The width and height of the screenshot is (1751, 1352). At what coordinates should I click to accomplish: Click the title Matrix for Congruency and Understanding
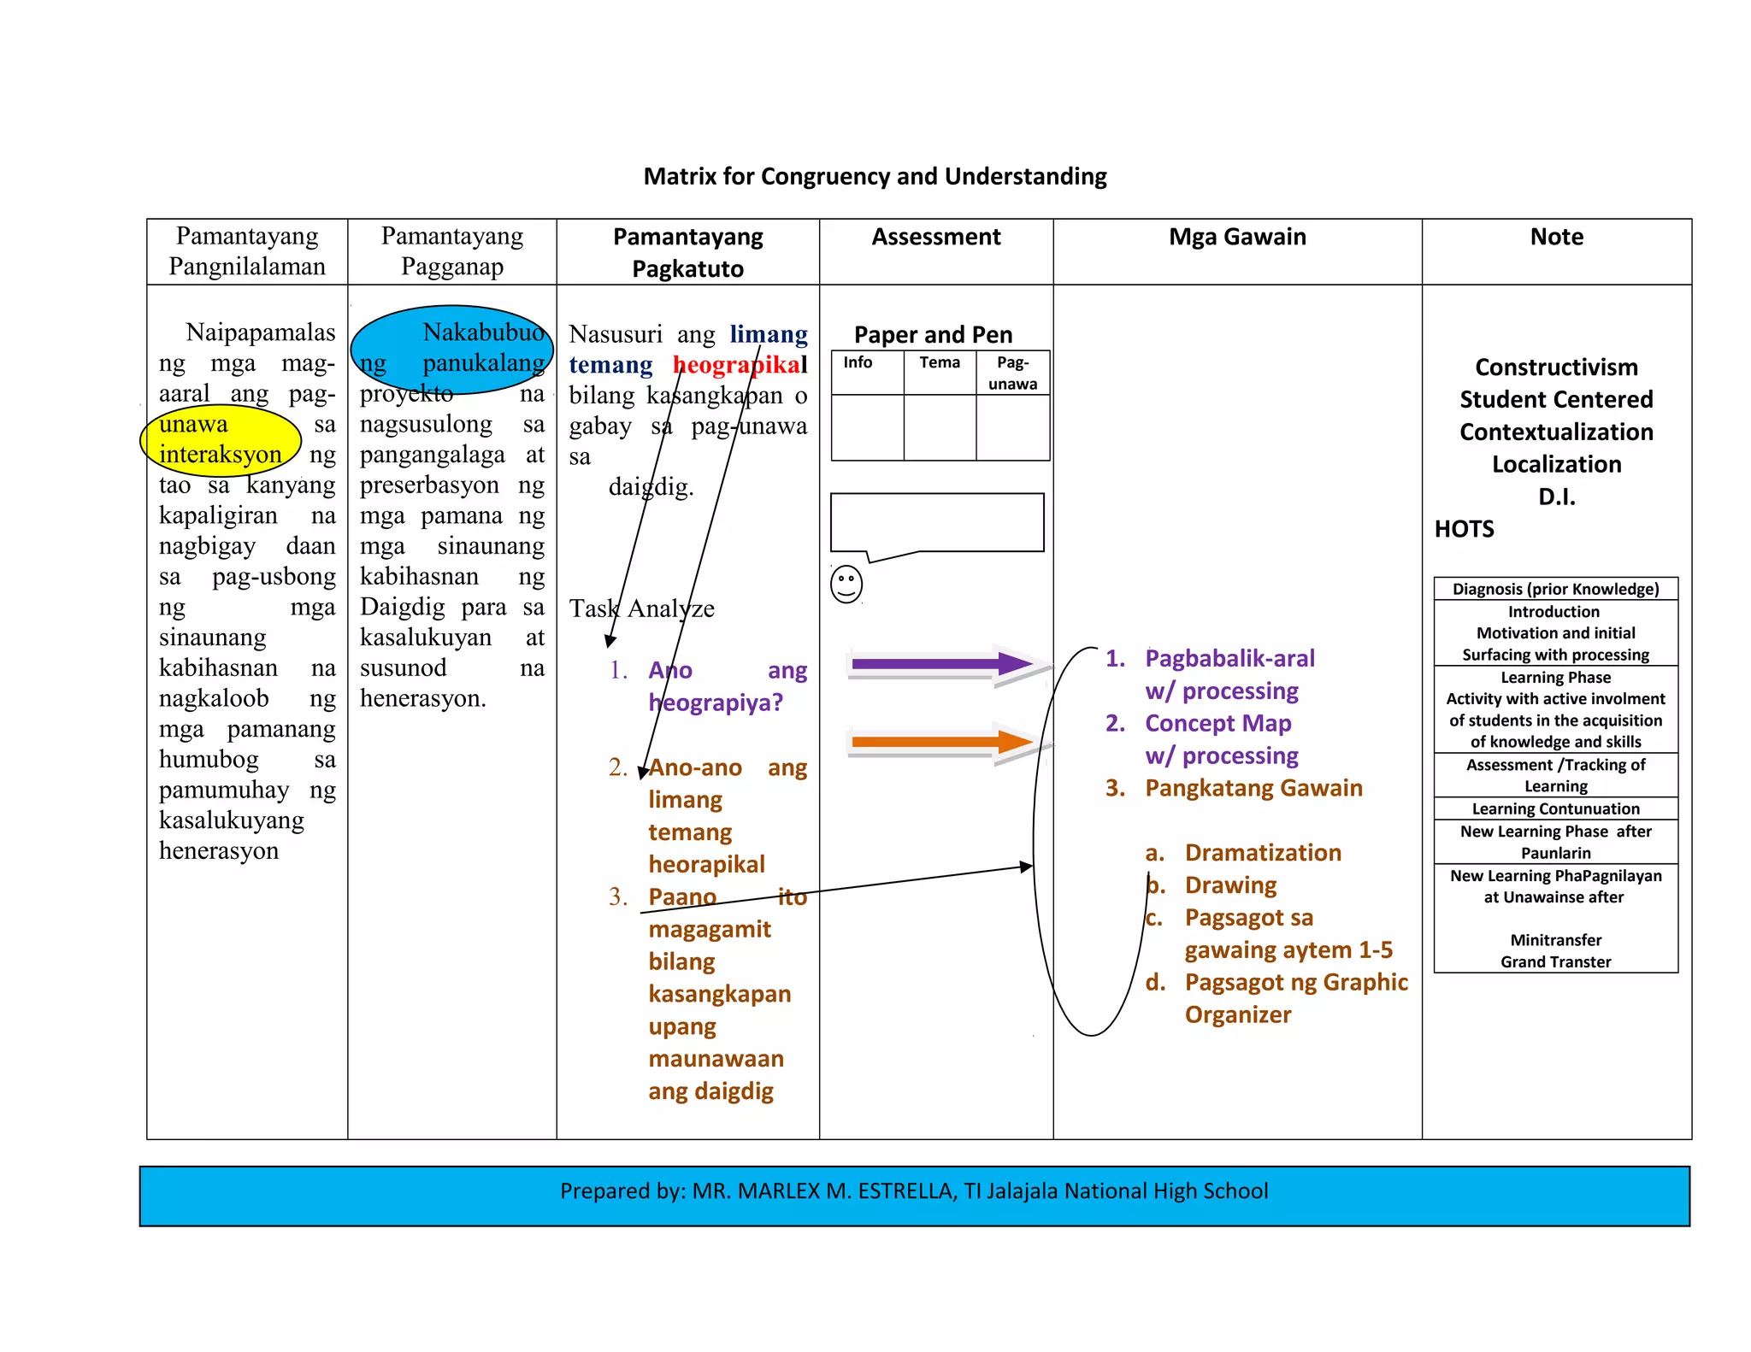click(x=875, y=176)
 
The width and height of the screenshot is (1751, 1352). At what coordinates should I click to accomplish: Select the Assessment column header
click(x=935, y=237)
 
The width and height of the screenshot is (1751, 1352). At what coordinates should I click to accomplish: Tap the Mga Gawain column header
click(x=1237, y=237)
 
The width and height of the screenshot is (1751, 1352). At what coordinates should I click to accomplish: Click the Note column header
click(x=1556, y=237)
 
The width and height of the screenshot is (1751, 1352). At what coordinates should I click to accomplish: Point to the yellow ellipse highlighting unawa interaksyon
click(x=221, y=440)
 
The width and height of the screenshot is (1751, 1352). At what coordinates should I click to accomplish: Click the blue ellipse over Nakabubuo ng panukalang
click(x=451, y=349)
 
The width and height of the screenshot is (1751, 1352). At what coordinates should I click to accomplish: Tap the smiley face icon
click(x=846, y=585)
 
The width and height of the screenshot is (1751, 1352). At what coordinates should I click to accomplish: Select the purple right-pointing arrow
click(x=940, y=663)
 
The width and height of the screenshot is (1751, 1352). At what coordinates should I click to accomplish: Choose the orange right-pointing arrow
click(x=940, y=742)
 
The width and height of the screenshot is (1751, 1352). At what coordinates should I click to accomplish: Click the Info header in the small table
click(x=858, y=362)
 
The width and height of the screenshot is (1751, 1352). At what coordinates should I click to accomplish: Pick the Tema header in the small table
click(x=940, y=362)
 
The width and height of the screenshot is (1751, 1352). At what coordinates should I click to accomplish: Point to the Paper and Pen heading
click(x=933, y=334)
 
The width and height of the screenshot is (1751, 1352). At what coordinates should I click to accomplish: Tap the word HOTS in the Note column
click(x=1464, y=529)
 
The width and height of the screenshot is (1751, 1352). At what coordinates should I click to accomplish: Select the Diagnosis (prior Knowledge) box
click(x=1555, y=589)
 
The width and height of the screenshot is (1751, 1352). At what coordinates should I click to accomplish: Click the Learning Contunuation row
click(x=1555, y=808)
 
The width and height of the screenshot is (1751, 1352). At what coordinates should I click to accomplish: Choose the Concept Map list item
click(x=1217, y=723)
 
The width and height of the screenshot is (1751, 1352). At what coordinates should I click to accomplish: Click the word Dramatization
click(x=1263, y=852)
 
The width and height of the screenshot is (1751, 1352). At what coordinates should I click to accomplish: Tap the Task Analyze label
click(x=641, y=608)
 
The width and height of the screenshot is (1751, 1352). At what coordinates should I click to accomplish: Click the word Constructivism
click(x=1556, y=367)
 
